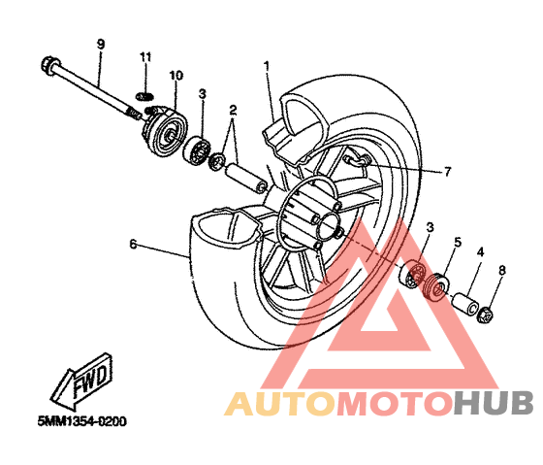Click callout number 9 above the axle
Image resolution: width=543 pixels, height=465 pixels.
(x=101, y=45)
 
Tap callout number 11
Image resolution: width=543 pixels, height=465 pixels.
(x=145, y=57)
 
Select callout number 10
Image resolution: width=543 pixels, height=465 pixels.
(x=176, y=76)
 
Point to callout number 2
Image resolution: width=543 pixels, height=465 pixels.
(x=233, y=111)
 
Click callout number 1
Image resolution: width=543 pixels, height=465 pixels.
(x=267, y=66)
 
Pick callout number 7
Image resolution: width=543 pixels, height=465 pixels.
(x=447, y=171)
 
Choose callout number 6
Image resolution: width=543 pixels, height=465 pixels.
(x=134, y=244)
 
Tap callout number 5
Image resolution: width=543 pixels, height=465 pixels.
(x=458, y=242)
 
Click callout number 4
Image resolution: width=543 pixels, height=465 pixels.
(x=480, y=252)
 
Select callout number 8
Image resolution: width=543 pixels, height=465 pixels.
(x=502, y=270)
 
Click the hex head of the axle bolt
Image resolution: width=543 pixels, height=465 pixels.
(x=50, y=65)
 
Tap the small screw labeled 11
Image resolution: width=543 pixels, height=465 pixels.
(x=144, y=96)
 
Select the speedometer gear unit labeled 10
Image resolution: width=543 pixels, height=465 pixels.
(x=166, y=131)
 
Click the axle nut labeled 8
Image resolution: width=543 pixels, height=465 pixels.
(x=485, y=315)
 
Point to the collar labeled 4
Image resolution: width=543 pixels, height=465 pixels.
(x=465, y=305)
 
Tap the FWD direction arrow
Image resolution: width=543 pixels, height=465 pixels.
(x=81, y=381)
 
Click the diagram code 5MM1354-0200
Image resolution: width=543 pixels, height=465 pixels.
(x=82, y=421)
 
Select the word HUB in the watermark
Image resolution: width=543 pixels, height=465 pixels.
(x=494, y=403)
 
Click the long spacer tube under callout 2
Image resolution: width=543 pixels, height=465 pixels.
(x=246, y=179)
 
